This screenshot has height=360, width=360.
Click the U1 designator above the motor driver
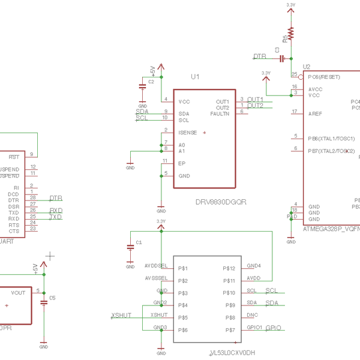(195, 77)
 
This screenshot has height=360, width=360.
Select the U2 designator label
(307, 67)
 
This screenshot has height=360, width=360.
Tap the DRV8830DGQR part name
(220, 202)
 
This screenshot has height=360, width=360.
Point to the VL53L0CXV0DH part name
(233, 353)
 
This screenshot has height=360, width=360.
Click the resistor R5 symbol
(291, 33)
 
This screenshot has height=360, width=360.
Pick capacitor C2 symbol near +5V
(142, 86)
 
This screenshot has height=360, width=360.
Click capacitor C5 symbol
(44, 302)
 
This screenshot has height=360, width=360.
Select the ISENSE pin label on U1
(187, 133)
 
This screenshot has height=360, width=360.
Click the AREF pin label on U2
(314, 113)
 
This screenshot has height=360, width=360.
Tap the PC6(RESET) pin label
(323, 77)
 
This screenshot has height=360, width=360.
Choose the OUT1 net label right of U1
(255, 99)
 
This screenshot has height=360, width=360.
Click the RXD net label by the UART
(56, 211)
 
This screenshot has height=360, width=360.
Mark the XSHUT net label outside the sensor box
(121, 315)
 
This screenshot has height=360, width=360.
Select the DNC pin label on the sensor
(252, 316)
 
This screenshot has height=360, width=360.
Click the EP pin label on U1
(182, 163)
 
